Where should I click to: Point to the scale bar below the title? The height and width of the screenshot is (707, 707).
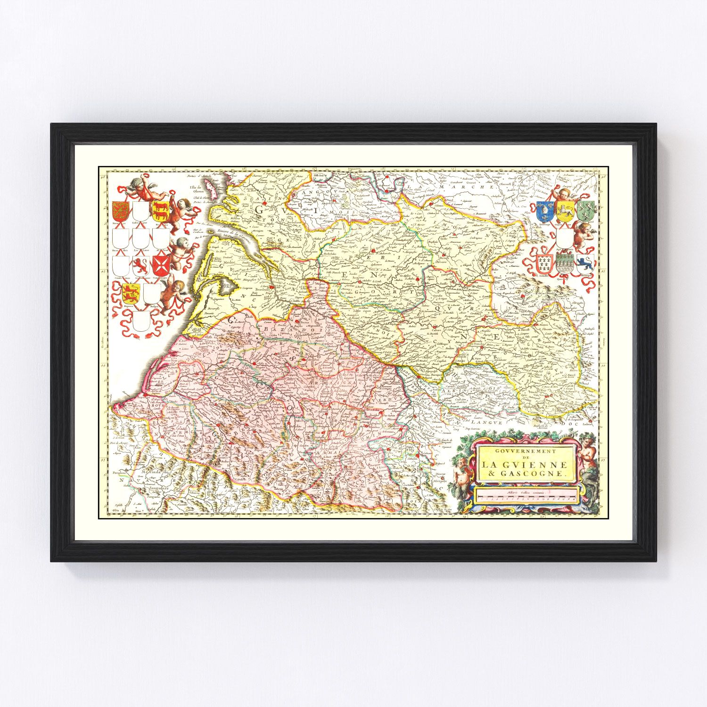coord(527,496)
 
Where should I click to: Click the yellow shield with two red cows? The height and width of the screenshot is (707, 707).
coord(160,209)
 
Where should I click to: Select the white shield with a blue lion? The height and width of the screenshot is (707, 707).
coord(584,263)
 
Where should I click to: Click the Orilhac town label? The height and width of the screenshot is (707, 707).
coord(520,297)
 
